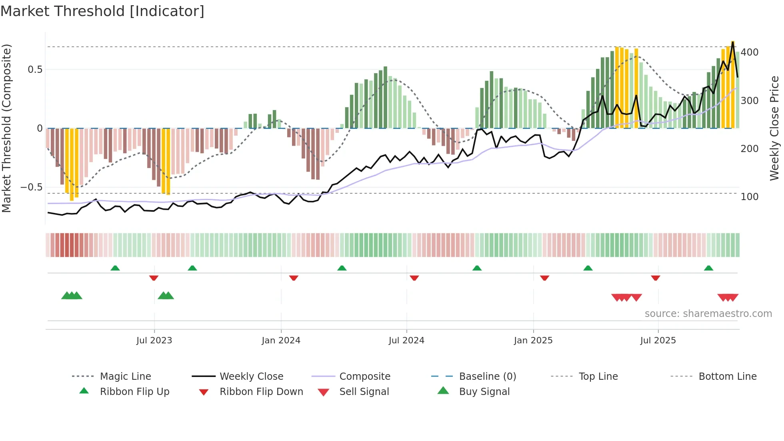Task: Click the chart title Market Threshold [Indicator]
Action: pos(102,11)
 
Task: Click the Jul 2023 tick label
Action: pos(154,341)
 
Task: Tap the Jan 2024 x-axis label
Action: pos(281,341)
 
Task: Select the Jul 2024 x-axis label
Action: pos(406,341)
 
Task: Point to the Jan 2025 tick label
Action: pos(533,341)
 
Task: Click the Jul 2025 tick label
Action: pos(658,341)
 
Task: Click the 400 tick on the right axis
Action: pos(750,52)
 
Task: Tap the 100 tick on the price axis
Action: pos(750,197)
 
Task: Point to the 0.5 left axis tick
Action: pos(35,70)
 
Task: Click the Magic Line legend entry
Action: pos(125,377)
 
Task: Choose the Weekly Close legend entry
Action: pos(251,377)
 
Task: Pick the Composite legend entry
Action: pos(364,377)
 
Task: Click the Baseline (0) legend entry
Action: pos(487,377)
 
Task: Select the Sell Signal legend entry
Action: pos(364,392)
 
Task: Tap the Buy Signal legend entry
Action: pos(484,392)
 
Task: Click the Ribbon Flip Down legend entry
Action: pos(261,392)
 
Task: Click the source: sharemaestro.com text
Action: pos(708,314)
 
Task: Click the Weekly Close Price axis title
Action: pos(774,128)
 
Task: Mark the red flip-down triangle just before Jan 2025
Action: pos(544,278)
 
